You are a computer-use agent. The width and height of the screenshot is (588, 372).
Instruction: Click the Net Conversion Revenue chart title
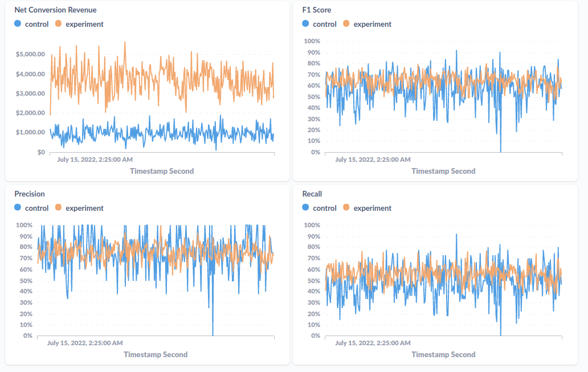(x=55, y=10)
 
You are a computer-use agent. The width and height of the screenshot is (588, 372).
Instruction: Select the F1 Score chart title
(x=316, y=10)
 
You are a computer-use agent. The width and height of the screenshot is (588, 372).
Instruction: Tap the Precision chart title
(x=30, y=194)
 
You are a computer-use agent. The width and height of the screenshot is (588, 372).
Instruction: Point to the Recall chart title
(x=312, y=194)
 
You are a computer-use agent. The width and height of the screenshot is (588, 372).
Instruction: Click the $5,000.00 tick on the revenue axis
(x=30, y=54)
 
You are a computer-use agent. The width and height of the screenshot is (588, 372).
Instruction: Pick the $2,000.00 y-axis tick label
(x=30, y=113)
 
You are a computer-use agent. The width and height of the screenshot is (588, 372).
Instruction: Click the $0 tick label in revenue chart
(x=41, y=152)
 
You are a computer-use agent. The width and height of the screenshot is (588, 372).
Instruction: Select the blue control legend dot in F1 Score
(x=305, y=23)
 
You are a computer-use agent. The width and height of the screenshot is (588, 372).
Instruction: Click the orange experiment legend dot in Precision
(x=58, y=207)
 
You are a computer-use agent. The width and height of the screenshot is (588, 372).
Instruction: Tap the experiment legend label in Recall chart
(x=373, y=208)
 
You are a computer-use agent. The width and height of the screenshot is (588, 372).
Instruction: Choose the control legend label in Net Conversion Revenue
(x=36, y=24)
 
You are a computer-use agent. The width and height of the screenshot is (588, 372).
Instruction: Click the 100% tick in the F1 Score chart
(x=312, y=41)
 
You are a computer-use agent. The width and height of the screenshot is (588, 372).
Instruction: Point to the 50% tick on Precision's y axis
(x=26, y=281)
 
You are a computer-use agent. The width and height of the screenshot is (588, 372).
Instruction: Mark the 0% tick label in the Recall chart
(x=316, y=336)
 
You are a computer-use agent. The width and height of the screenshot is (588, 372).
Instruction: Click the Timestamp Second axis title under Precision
(x=156, y=355)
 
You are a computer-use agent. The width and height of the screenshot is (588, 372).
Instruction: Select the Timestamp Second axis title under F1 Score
(x=443, y=171)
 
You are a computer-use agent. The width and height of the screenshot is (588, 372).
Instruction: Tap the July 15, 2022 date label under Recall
(x=373, y=343)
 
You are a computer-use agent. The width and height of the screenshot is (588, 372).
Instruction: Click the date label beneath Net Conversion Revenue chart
(x=95, y=160)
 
